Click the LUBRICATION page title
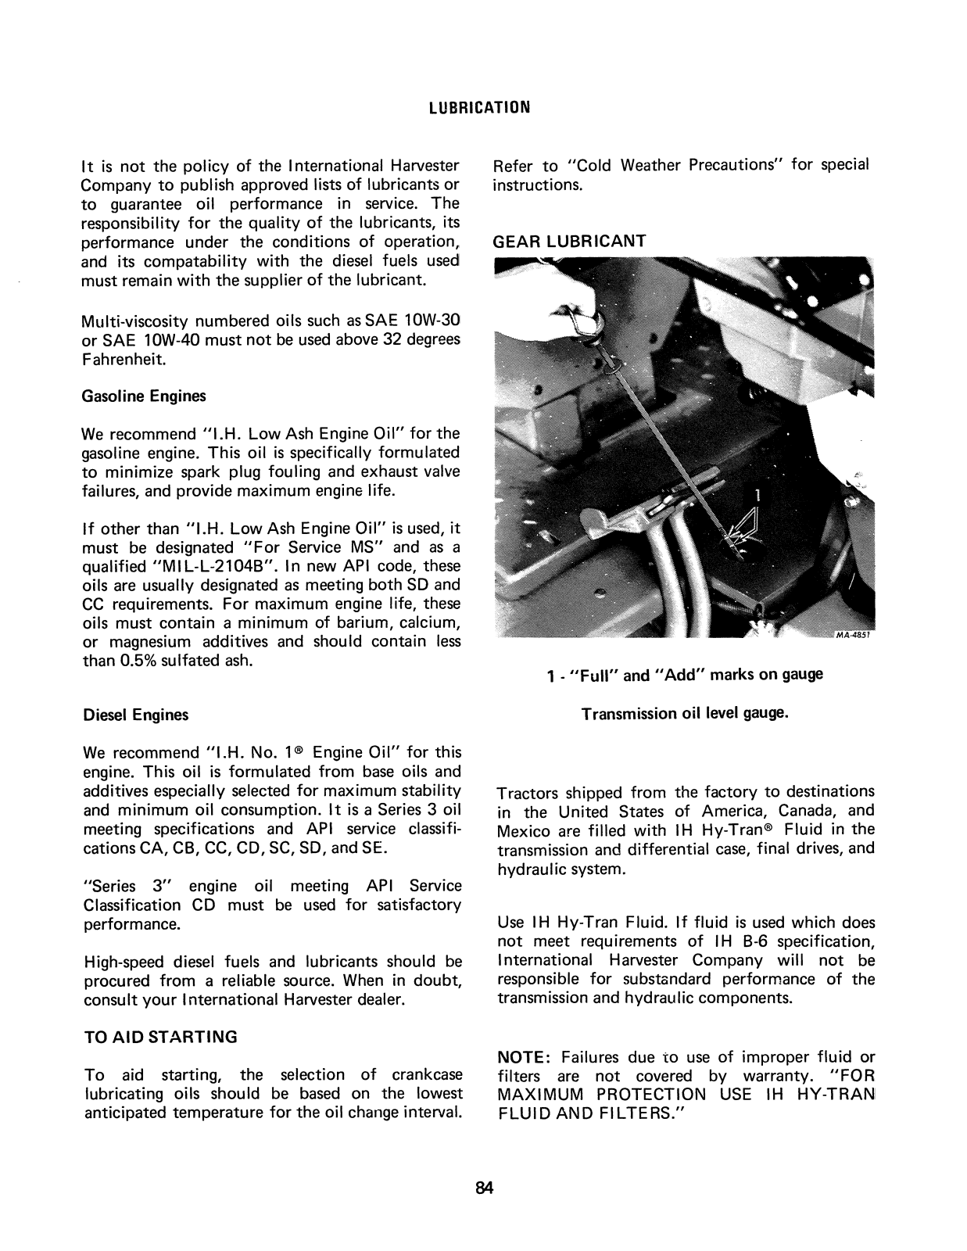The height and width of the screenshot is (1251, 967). click(480, 107)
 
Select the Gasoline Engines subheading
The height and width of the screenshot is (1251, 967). click(144, 396)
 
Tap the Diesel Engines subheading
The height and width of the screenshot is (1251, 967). click(135, 715)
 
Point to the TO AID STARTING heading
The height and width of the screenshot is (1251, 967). click(160, 1038)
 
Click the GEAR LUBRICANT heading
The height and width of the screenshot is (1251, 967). click(569, 242)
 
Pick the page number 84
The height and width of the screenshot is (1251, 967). click(485, 1188)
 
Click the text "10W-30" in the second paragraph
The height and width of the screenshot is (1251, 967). click(432, 321)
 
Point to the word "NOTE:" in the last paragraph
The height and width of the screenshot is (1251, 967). click(525, 1058)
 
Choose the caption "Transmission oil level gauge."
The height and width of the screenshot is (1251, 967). click(685, 714)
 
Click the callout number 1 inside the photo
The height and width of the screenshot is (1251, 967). click(756, 494)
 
